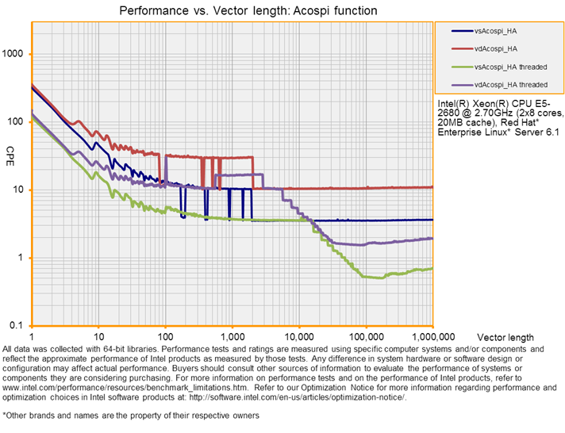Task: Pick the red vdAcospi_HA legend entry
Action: click(495, 48)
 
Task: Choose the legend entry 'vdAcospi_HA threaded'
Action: click(510, 84)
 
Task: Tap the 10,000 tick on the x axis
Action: click(298, 335)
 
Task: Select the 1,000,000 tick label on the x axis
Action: click(432, 335)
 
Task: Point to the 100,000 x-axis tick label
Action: click(366, 335)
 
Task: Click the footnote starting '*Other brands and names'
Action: click(131, 416)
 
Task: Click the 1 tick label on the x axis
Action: click(31, 335)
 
